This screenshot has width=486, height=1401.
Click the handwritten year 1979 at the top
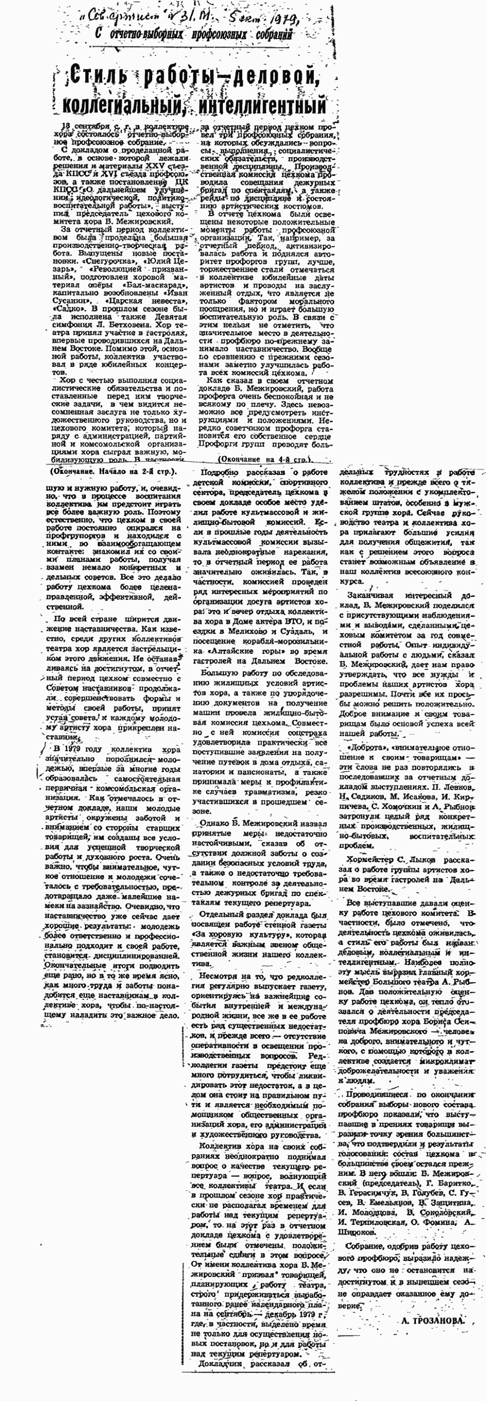click(x=280, y=20)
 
